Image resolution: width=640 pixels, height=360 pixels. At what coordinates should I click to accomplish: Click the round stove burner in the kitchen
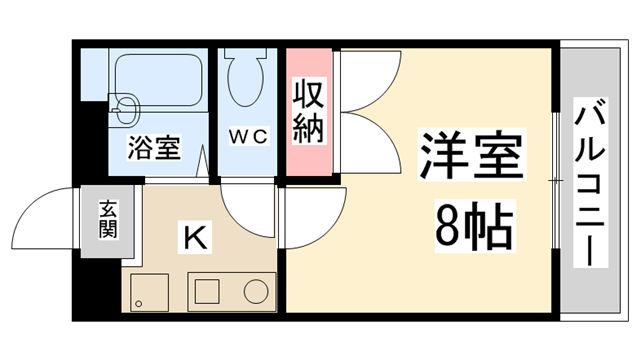click(256, 291)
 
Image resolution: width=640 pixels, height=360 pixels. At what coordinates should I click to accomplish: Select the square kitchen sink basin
click(207, 291)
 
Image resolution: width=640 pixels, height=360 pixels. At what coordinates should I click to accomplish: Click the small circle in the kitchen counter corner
click(139, 298)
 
